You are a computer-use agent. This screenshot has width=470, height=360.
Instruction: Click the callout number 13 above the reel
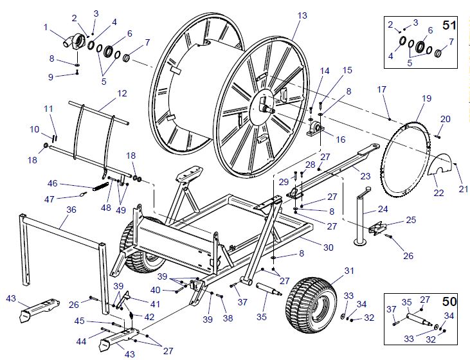(302, 15)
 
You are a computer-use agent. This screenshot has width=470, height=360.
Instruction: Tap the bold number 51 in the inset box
(449, 25)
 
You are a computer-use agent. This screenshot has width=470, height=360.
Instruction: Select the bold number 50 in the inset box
(449, 301)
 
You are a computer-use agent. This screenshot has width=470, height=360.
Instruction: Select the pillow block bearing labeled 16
(315, 129)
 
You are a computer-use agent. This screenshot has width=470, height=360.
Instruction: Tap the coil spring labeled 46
(101, 186)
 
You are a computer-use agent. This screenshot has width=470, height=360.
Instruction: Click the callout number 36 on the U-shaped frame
(71, 210)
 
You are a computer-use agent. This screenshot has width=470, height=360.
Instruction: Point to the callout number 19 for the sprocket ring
(426, 98)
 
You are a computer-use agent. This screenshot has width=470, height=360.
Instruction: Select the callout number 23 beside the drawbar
(365, 176)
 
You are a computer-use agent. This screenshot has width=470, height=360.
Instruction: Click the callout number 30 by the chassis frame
(328, 248)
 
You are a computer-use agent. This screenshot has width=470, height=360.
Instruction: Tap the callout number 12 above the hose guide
(122, 93)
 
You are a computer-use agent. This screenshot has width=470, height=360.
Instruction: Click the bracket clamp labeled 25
(377, 228)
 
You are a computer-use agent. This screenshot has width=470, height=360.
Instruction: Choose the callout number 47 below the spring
(49, 199)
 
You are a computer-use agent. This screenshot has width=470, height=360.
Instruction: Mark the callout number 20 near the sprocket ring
(445, 119)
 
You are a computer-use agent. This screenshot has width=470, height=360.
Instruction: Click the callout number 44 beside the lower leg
(81, 341)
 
